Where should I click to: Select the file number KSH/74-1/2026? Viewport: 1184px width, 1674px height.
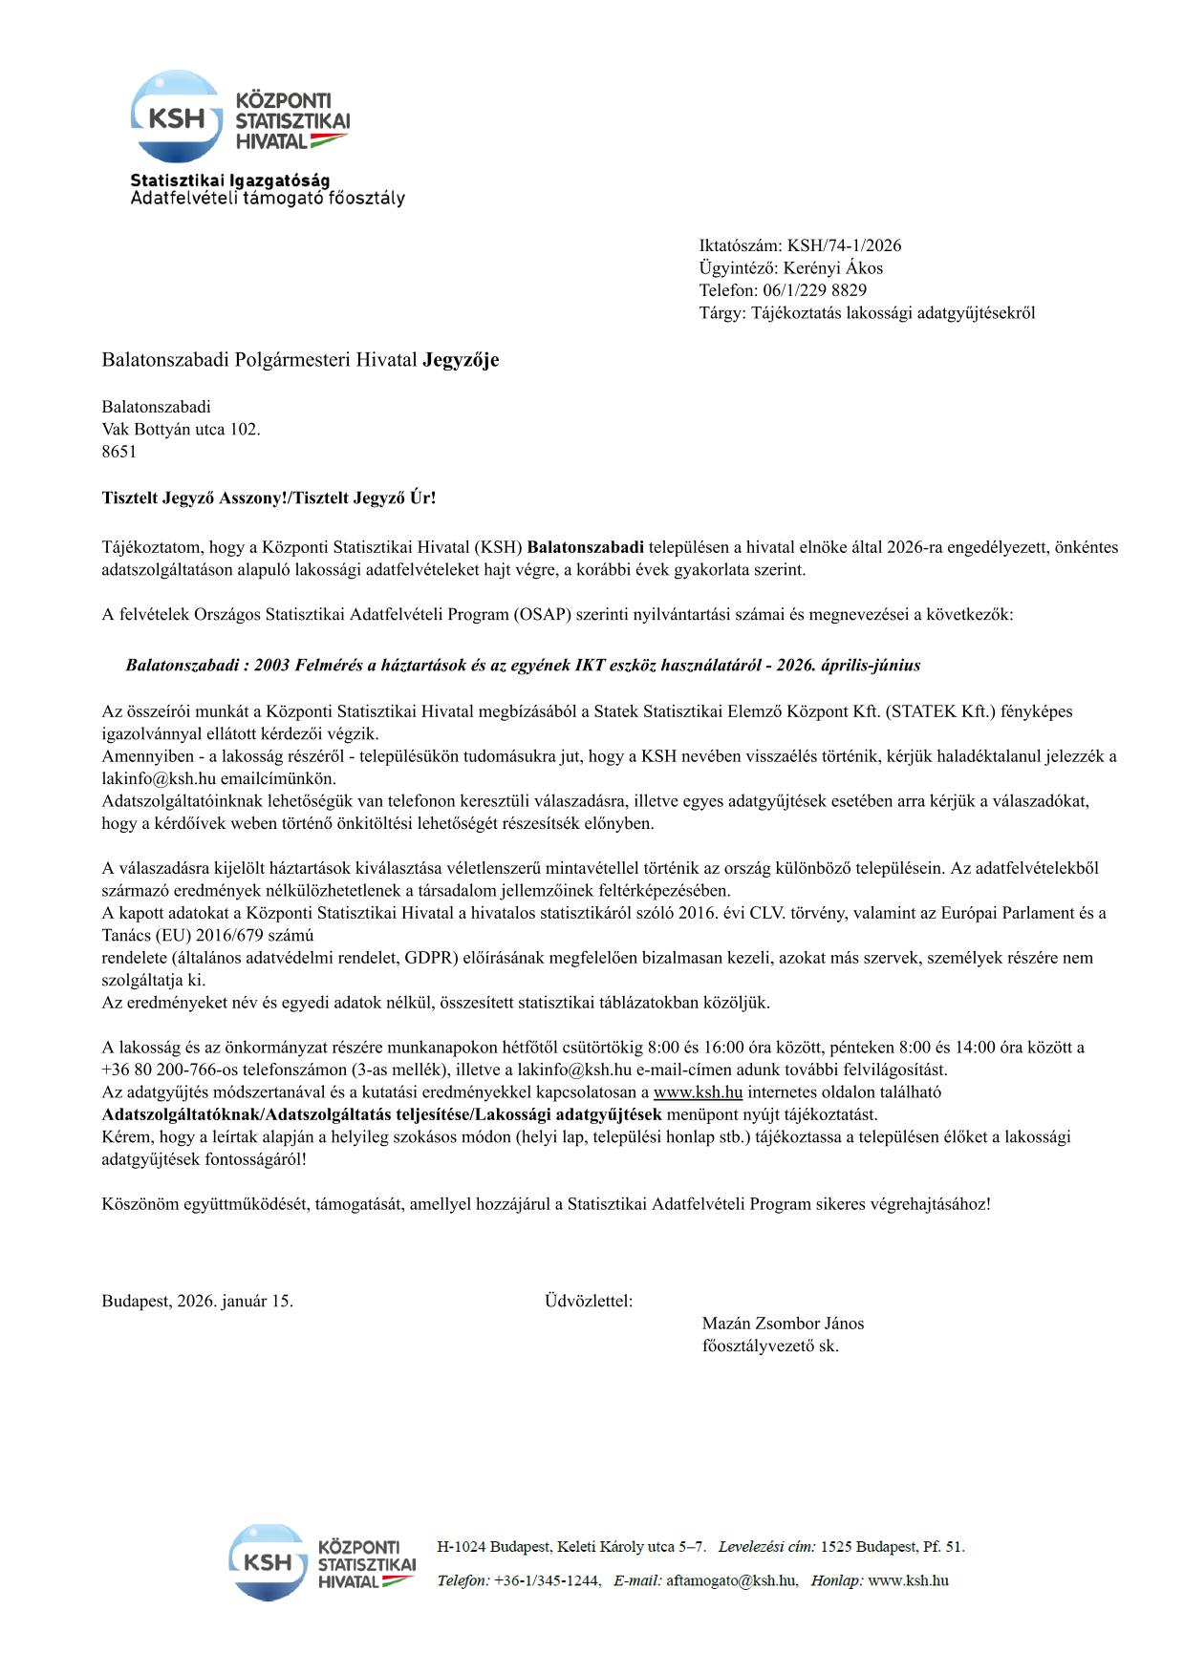pyautogui.click(x=844, y=245)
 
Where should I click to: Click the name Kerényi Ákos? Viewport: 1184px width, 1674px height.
pyautogui.click(x=832, y=268)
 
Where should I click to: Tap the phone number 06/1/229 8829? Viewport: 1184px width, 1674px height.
pyautogui.click(x=814, y=290)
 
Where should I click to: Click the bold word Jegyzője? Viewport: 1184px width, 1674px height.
pyautogui.click(x=461, y=360)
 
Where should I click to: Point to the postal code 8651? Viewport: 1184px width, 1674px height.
pyautogui.click(x=119, y=452)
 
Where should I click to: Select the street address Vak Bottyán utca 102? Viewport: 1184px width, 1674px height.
pyautogui.click(x=181, y=430)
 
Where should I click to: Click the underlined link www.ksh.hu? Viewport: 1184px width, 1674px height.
pyautogui.click(x=698, y=1092)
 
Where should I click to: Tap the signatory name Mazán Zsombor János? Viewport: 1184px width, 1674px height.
pyautogui.click(x=783, y=1324)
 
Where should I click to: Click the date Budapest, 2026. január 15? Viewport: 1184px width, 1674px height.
pyautogui.click(x=198, y=1301)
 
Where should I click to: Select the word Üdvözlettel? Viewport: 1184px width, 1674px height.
pyautogui.click(x=589, y=1301)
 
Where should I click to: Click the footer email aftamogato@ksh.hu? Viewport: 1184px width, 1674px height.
pyautogui.click(x=731, y=1580)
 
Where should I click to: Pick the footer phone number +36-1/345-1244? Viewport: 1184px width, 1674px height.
pyautogui.click(x=547, y=1580)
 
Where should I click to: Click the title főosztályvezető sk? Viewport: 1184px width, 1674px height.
pyautogui.click(x=770, y=1346)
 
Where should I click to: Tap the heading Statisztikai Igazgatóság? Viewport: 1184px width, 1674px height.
pyautogui.click(x=230, y=180)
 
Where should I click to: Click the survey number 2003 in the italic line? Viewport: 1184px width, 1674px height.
pyautogui.click(x=272, y=665)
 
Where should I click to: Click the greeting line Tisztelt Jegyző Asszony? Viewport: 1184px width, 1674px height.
pyautogui.click(x=196, y=498)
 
